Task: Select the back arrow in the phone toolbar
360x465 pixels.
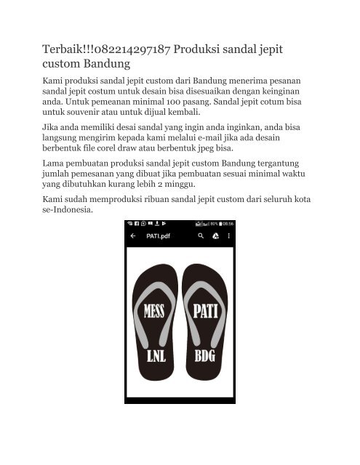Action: [x=133, y=236]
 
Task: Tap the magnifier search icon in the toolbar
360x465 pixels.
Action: [x=201, y=236]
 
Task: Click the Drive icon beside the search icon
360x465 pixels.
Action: [x=215, y=236]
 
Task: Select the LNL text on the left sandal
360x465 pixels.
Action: [x=155, y=357]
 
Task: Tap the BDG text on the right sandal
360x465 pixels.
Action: [x=205, y=357]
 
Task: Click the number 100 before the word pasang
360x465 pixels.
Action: [x=191, y=102]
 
